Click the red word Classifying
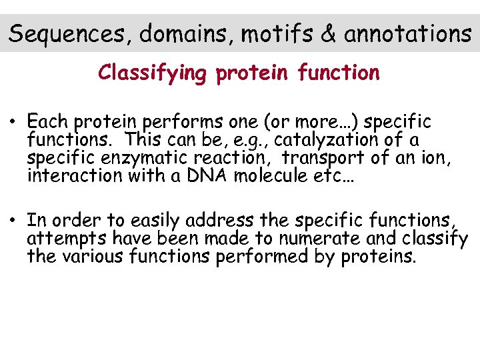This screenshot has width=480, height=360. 153,73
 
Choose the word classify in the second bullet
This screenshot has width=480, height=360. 437,239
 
